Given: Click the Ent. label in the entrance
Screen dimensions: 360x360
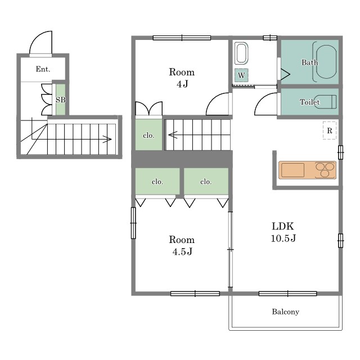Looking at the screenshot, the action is coord(43,69).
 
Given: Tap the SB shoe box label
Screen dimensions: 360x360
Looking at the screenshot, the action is coord(61,100).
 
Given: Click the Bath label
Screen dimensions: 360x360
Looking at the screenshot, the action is coord(310,62).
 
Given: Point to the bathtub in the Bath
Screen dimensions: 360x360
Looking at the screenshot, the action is coord(326,62).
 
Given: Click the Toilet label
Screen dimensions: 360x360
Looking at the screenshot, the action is coord(310,102).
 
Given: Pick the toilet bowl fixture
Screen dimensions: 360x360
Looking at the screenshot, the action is coord(327,102).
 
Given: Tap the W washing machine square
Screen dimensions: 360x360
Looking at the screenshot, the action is coord(241,75).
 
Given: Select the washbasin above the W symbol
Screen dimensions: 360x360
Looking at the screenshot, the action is coord(241,53).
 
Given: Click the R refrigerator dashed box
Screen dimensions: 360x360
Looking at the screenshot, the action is coord(330,130).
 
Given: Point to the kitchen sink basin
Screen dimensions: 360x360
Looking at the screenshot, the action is coord(292,170).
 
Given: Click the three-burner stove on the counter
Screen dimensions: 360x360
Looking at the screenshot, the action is coord(325,170).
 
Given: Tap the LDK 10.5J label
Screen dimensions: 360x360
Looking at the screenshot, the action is coord(283,232).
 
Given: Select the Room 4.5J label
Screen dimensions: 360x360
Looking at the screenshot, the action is coord(182,246).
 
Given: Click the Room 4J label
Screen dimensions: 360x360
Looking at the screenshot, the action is coord(182,78).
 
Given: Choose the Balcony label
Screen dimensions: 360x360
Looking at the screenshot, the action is coord(285,312).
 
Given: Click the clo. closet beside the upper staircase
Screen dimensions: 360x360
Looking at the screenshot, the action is coord(148,135).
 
